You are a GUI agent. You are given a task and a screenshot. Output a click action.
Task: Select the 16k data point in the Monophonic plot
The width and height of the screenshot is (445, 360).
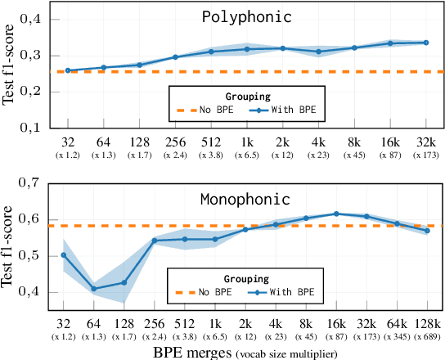pyautogui.click(x=336, y=214)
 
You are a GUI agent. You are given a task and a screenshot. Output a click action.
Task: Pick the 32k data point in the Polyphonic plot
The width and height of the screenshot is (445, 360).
pyautogui.click(x=426, y=43)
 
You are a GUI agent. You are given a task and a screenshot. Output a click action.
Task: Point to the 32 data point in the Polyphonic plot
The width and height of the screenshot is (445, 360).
pyautogui.click(x=67, y=70)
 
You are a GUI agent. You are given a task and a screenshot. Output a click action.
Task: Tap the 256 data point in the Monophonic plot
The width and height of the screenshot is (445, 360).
pyautogui.click(x=155, y=241)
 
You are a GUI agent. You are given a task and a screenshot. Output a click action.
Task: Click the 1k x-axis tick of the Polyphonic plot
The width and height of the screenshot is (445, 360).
pyautogui.click(x=246, y=141)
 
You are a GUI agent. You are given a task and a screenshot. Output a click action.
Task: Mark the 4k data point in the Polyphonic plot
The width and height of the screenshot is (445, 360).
pyautogui.click(x=319, y=52)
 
